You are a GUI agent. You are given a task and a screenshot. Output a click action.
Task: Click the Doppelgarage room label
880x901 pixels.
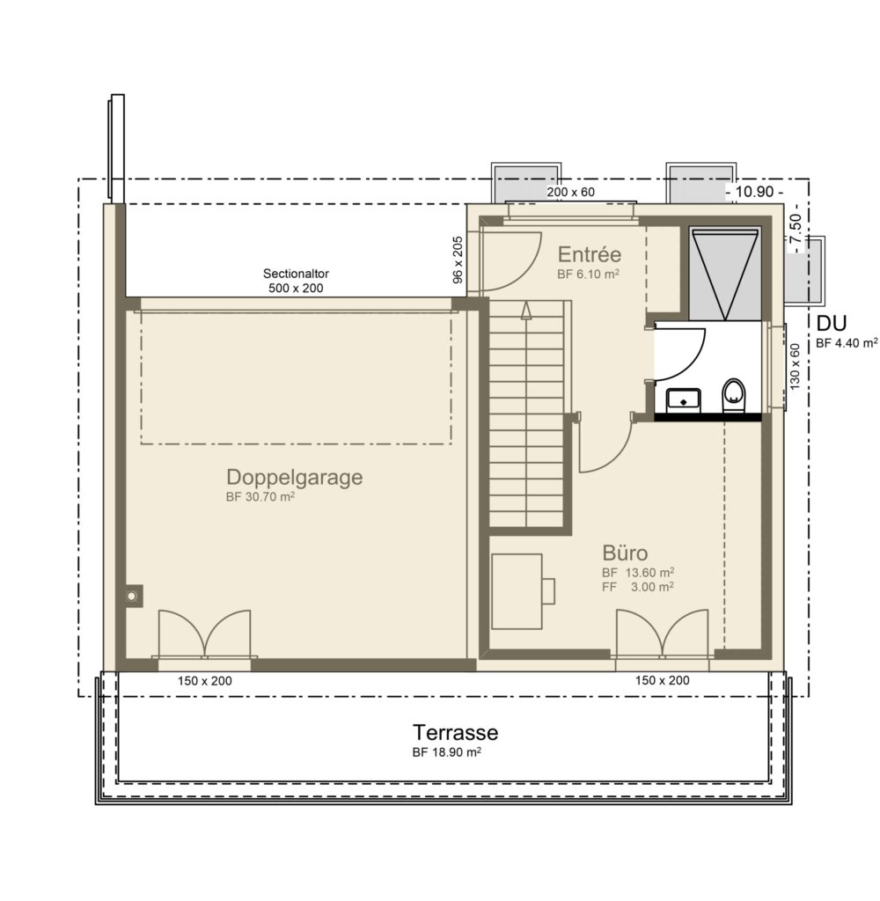pyautogui.click(x=294, y=478)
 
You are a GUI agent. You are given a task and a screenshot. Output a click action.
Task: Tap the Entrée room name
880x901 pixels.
pyautogui.click(x=589, y=254)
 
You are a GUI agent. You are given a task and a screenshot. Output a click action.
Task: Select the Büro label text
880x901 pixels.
pyautogui.click(x=625, y=553)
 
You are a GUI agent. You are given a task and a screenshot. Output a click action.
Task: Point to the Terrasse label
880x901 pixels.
pyautogui.click(x=455, y=733)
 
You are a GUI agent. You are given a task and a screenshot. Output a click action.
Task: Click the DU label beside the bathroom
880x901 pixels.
pyautogui.click(x=832, y=324)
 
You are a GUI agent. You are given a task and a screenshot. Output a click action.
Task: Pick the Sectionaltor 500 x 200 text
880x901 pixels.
pyautogui.click(x=296, y=281)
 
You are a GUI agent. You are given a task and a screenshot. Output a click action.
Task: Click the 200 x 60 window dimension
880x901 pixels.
pyautogui.click(x=571, y=192)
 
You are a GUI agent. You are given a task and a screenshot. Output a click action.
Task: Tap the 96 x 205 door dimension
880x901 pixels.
pyautogui.click(x=458, y=260)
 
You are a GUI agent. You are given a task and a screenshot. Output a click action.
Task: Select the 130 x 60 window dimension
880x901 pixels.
pyautogui.click(x=795, y=367)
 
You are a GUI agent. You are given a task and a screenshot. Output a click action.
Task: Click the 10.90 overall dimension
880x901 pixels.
pyautogui.click(x=755, y=192)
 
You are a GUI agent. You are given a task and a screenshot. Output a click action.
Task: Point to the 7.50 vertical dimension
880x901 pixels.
pyautogui.click(x=796, y=229)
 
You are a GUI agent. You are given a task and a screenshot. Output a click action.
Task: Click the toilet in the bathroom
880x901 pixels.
pyautogui.click(x=733, y=395)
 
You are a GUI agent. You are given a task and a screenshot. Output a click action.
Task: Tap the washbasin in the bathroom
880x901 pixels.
pyautogui.click(x=684, y=400)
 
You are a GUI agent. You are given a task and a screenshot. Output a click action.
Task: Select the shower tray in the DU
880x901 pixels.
pyautogui.click(x=725, y=275)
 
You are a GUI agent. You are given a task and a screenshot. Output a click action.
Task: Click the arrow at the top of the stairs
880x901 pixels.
pyautogui.click(x=526, y=311)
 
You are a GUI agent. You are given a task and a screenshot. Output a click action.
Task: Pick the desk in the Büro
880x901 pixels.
pyautogui.click(x=517, y=591)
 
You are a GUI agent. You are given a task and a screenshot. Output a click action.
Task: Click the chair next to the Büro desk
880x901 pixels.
pyautogui.click(x=548, y=591)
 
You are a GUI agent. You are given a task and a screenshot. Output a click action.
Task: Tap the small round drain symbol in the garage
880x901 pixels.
pyautogui.click(x=132, y=597)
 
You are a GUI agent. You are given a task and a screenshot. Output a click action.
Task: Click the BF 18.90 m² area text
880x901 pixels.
pyautogui.click(x=447, y=752)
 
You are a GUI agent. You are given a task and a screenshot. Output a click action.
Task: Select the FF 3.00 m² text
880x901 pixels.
pyautogui.click(x=638, y=587)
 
